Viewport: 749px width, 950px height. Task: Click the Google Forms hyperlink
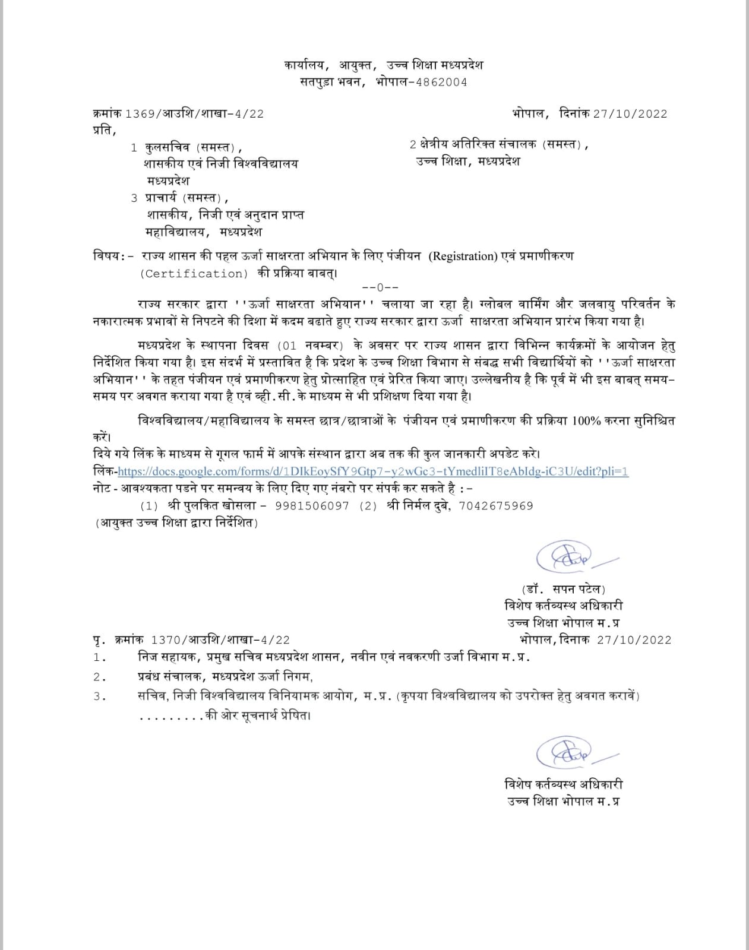[373, 471]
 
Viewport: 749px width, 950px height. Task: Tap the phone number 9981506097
[312, 506]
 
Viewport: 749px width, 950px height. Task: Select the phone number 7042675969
[496, 506]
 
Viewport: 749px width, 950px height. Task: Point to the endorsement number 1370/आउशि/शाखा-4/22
[221, 639]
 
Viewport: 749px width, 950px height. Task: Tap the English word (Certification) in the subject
[194, 274]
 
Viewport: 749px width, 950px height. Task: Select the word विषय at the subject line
[107, 256]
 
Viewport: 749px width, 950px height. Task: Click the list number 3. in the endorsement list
[100, 696]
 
